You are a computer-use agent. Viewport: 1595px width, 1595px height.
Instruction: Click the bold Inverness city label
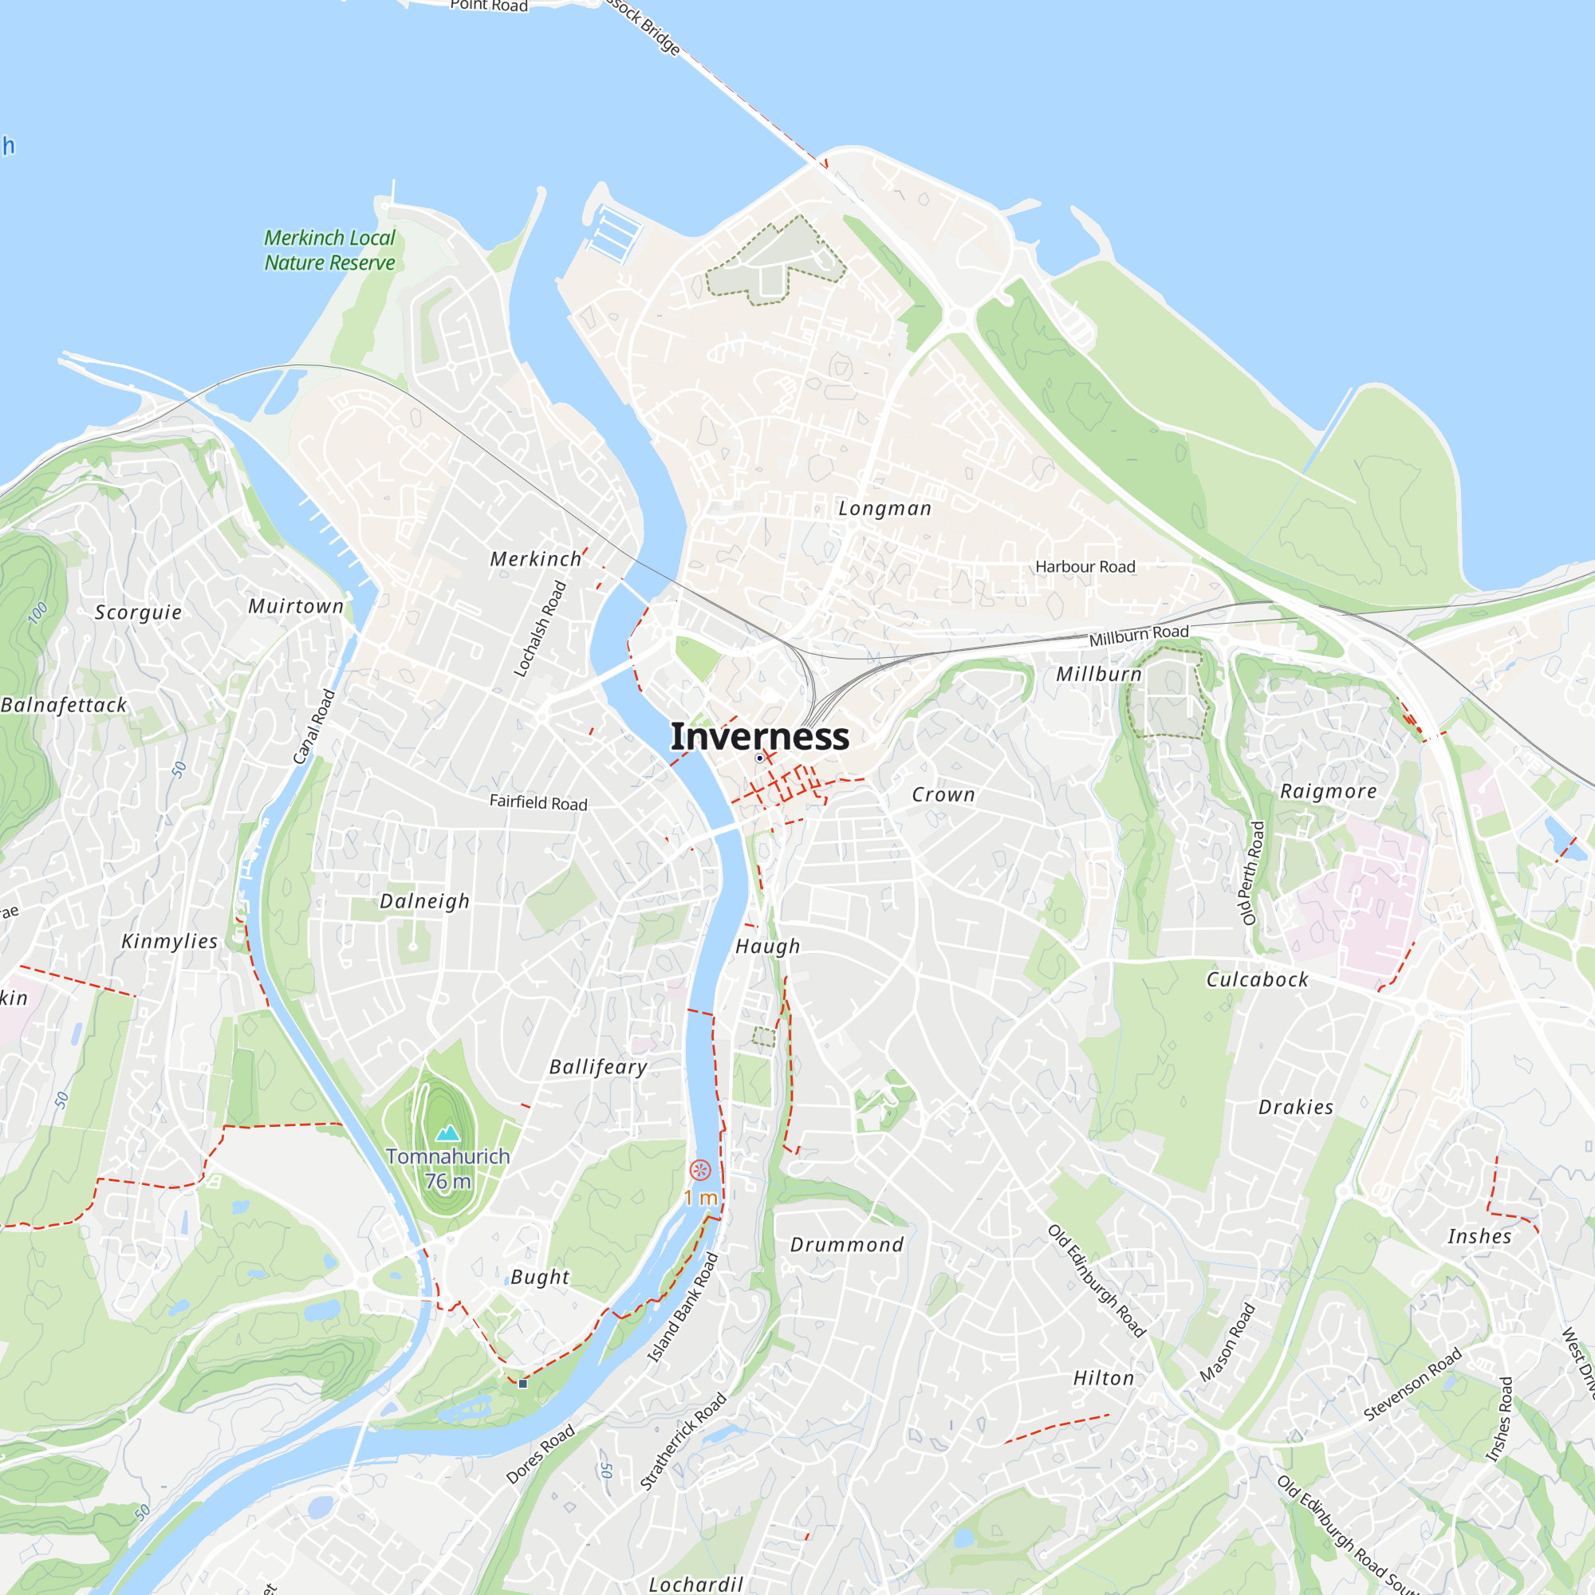(x=759, y=735)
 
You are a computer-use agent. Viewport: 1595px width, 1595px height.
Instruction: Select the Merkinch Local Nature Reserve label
(x=329, y=250)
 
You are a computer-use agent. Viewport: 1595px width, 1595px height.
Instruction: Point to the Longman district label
(x=884, y=509)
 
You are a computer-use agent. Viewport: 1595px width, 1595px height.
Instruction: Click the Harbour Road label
(x=1085, y=566)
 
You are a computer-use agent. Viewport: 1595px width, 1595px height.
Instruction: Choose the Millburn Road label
(x=1139, y=635)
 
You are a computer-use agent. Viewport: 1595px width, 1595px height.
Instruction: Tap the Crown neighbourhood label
(x=943, y=794)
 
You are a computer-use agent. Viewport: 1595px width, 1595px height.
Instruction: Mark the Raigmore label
(x=1328, y=791)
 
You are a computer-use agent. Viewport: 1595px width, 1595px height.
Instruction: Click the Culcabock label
(x=1257, y=979)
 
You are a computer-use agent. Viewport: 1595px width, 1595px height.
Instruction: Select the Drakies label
(x=1295, y=1107)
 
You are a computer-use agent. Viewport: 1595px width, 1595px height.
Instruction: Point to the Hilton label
(x=1103, y=1378)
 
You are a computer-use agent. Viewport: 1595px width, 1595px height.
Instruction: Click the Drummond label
(x=846, y=1244)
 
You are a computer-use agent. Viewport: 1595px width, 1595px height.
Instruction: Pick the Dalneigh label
(x=424, y=900)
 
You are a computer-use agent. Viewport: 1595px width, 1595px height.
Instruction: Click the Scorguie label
(x=138, y=612)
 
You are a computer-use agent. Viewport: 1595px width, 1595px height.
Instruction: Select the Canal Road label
(x=313, y=727)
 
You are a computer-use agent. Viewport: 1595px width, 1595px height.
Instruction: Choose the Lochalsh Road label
(x=540, y=628)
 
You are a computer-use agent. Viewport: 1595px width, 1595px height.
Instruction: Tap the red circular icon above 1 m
(x=699, y=1169)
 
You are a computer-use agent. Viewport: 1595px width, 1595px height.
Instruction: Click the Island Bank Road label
(x=682, y=1307)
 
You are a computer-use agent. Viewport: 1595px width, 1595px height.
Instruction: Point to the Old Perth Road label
(x=1251, y=872)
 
